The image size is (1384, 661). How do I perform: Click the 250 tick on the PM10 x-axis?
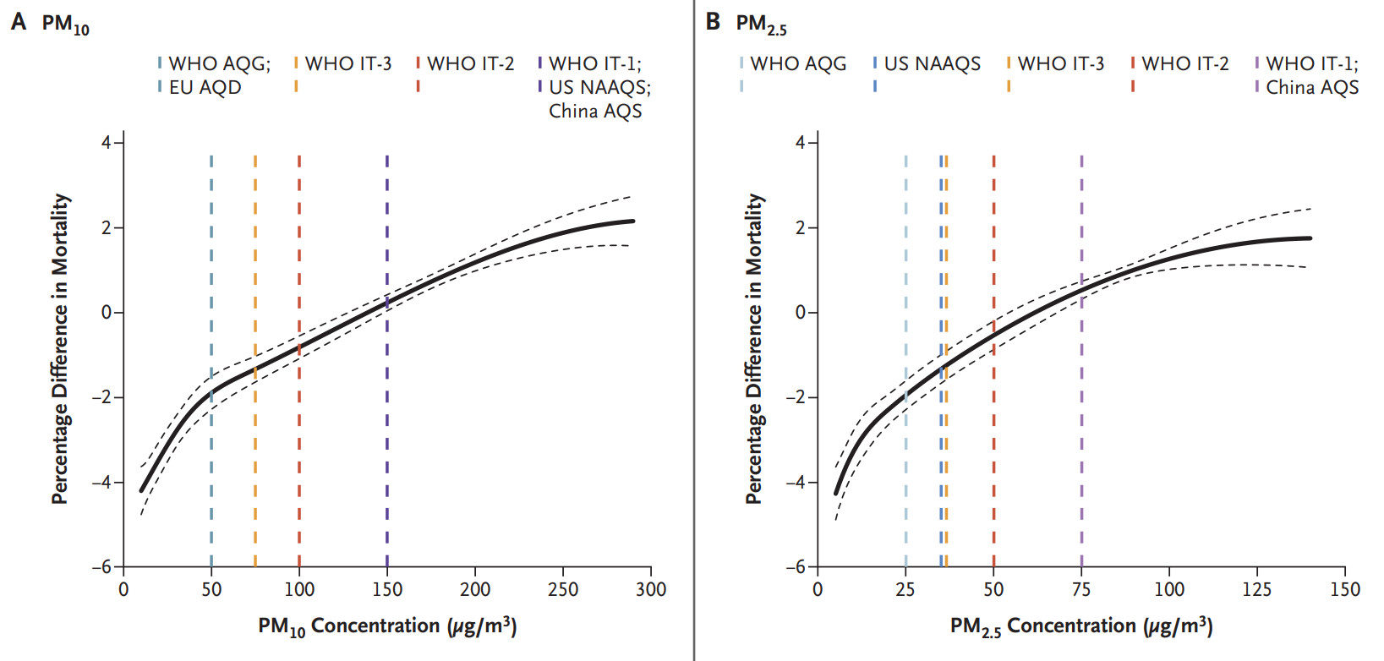click(563, 589)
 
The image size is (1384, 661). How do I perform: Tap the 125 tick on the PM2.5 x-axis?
click(1257, 589)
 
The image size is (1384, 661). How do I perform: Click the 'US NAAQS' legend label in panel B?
click(932, 63)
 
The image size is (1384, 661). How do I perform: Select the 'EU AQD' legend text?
click(205, 87)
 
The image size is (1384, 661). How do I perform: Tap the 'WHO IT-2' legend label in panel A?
click(470, 63)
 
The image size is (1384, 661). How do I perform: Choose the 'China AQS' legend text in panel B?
click(1312, 87)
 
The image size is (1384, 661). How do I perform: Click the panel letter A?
click(18, 22)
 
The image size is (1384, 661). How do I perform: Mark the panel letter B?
click(713, 22)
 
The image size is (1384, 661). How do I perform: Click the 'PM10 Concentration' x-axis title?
click(387, 626)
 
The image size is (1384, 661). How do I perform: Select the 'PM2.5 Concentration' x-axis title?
click(1081, 626)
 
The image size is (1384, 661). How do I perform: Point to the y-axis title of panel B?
click(753, 349)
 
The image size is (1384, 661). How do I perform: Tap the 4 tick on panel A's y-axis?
click(107, 143)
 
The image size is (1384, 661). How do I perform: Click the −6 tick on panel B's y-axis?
click(799, 567)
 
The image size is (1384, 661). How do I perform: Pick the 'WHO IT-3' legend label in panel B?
click(1060, 63)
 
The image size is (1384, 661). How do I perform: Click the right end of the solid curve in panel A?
click(632, 221)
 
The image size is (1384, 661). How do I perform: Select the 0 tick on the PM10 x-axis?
click(123, 589)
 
